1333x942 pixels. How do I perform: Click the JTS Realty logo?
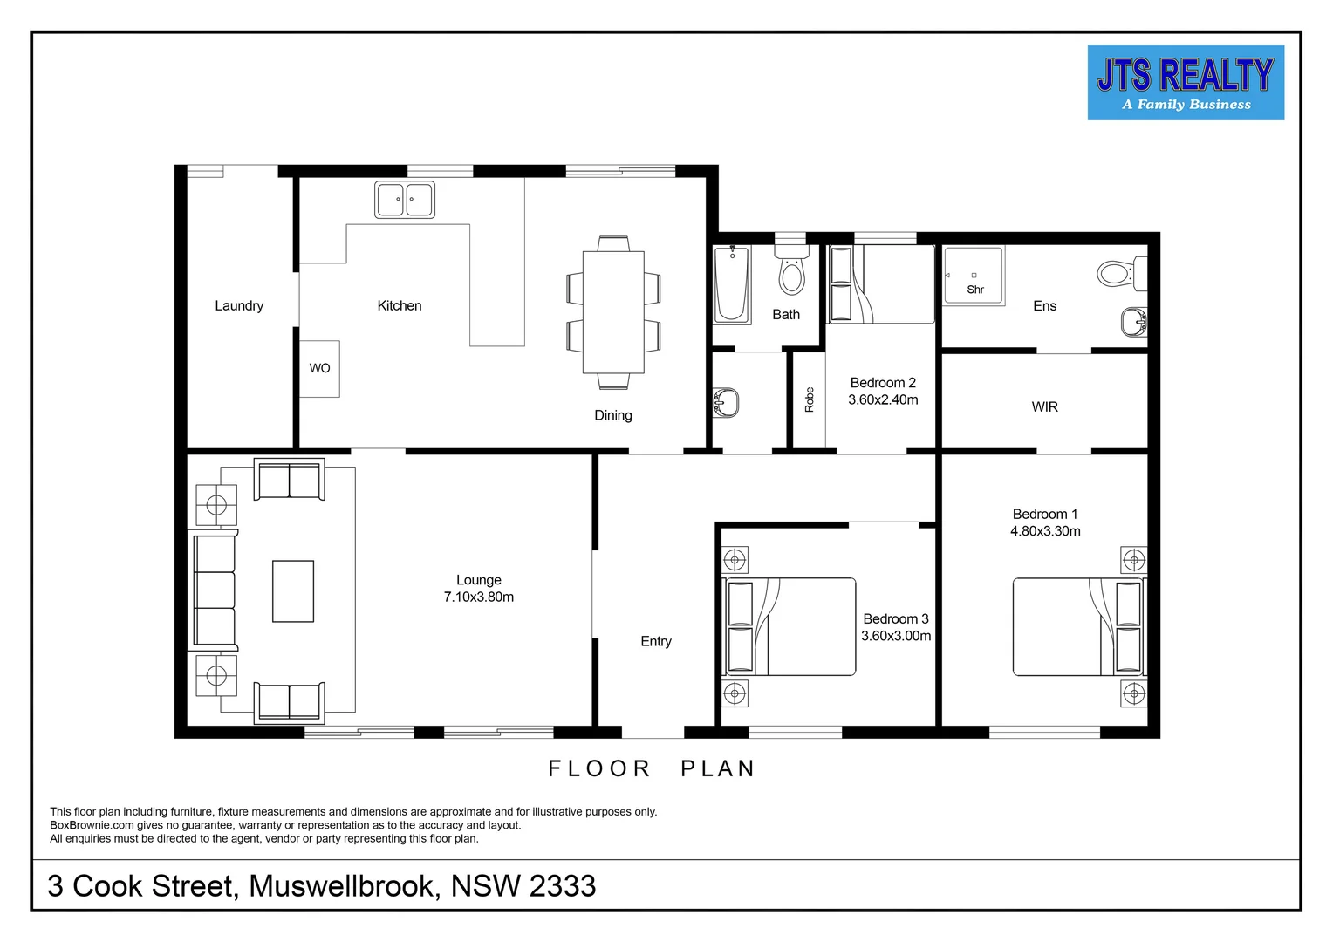(1186, 83)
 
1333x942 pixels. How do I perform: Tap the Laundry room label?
(239, 305)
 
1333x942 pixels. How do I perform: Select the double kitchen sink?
(405, 200)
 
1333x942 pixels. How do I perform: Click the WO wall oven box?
(319, 368)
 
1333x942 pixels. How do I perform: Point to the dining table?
(613, 312)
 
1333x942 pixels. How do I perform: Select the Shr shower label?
(975, 290)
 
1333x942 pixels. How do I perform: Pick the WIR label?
(1045, 407)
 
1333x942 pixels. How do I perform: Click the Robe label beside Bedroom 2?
(810, 399)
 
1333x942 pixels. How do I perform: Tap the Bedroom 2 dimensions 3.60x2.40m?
(883, 399)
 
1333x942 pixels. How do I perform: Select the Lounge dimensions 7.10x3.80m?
(478, 597)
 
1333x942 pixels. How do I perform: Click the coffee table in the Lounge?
(293, 590)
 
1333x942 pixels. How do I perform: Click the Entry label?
(656, 641)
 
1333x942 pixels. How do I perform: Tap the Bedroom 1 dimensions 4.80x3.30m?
(1046, 531)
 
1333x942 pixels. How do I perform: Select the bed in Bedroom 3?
(790, 626)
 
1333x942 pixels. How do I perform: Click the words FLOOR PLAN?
(652, 768)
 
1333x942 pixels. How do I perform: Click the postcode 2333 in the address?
(563, 886)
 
